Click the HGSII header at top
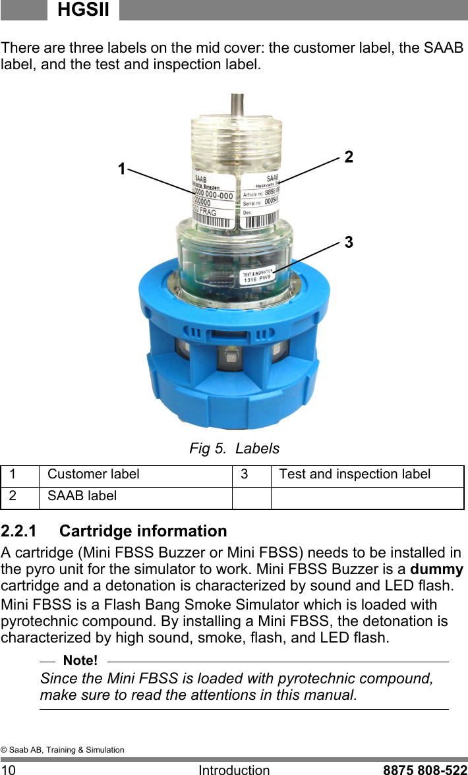click(83, 10)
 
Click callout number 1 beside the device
click(121, 169)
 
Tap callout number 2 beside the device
click(349, 157)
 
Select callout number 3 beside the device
click(349, 243)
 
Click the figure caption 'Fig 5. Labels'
click(234, 449)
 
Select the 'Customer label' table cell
click(94, 474)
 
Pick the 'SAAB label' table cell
click(82, 496)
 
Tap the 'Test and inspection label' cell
click(355, 474)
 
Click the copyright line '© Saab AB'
click(62, 750)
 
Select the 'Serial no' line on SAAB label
click(260, 204)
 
